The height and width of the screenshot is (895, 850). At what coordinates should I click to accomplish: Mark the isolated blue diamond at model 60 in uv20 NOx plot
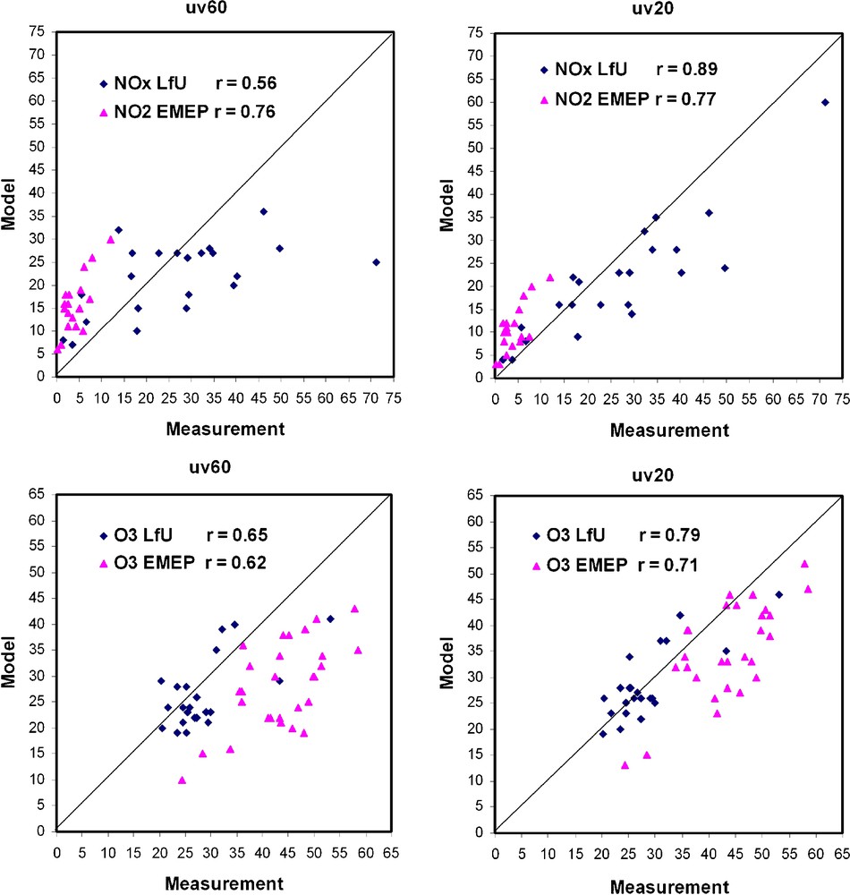point(825,102)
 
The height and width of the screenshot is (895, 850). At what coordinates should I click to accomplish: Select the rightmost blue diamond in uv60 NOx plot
point(376,262)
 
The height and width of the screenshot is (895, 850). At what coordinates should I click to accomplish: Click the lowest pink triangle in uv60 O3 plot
point(182,780)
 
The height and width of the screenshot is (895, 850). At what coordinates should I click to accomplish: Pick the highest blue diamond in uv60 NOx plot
point(264,211)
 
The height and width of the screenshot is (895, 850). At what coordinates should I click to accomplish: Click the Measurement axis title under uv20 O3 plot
point(668,886)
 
